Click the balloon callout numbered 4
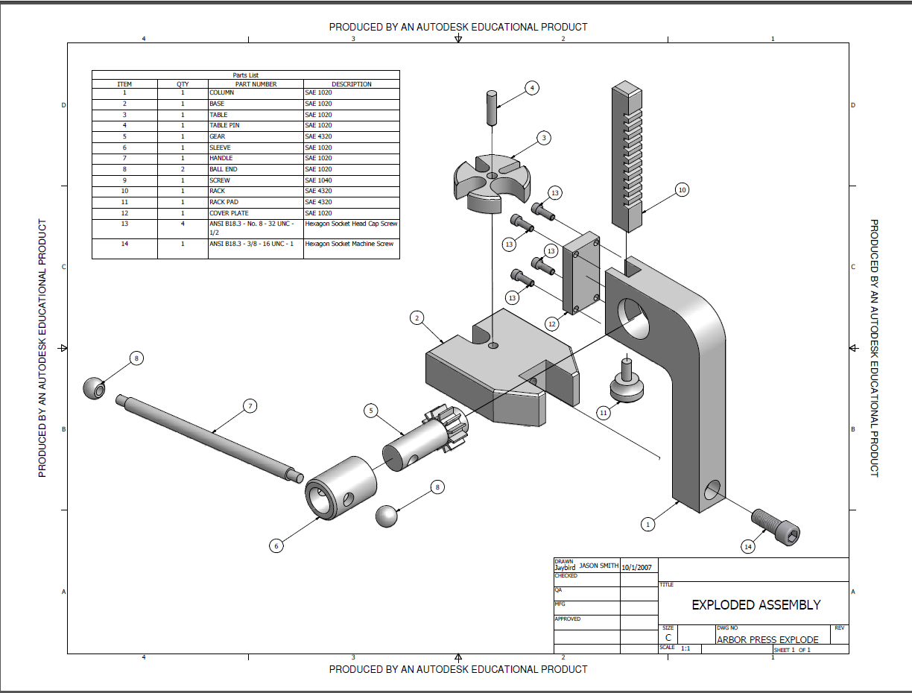click(532, 88)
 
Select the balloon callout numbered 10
click(681, 190)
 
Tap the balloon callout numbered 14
click(748, 546)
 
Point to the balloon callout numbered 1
click(648, 524)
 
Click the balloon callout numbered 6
click(276, 545)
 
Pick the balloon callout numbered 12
click(552, 324)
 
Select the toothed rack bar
click(627, 156)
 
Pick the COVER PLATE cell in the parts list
click(229, 213)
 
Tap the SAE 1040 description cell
click(319, 180)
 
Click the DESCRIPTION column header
click(351, 84)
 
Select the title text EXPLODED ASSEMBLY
click(756, 605)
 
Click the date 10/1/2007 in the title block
click(636, 567)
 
